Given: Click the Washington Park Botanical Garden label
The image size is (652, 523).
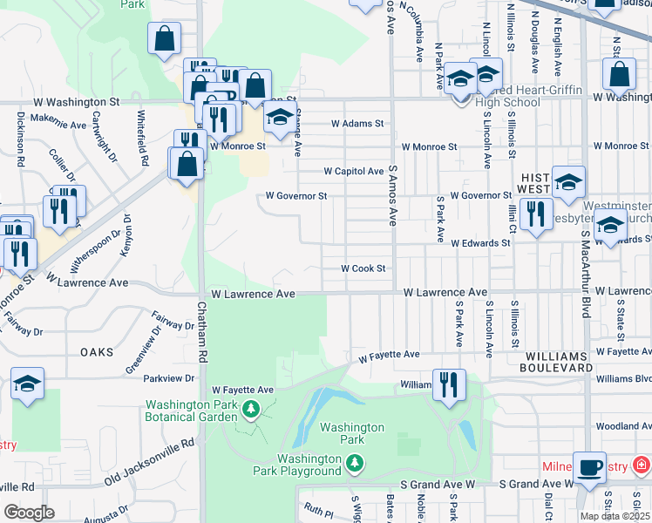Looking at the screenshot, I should pos(191,411).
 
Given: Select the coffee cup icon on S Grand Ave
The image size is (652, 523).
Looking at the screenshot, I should pos(589,467).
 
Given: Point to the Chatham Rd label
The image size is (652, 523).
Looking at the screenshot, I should pos(201,332).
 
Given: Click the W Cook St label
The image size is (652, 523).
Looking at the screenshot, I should pos(363,268).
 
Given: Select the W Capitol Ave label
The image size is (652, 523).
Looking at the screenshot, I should pos(354,171).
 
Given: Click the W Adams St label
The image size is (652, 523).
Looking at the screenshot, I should pos(357,124).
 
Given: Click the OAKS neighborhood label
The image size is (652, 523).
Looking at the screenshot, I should pos(97,352).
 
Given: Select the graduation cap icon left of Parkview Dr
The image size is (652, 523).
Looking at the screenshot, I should pos(27,384).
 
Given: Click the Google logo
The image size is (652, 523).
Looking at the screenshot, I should pos(29,512).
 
